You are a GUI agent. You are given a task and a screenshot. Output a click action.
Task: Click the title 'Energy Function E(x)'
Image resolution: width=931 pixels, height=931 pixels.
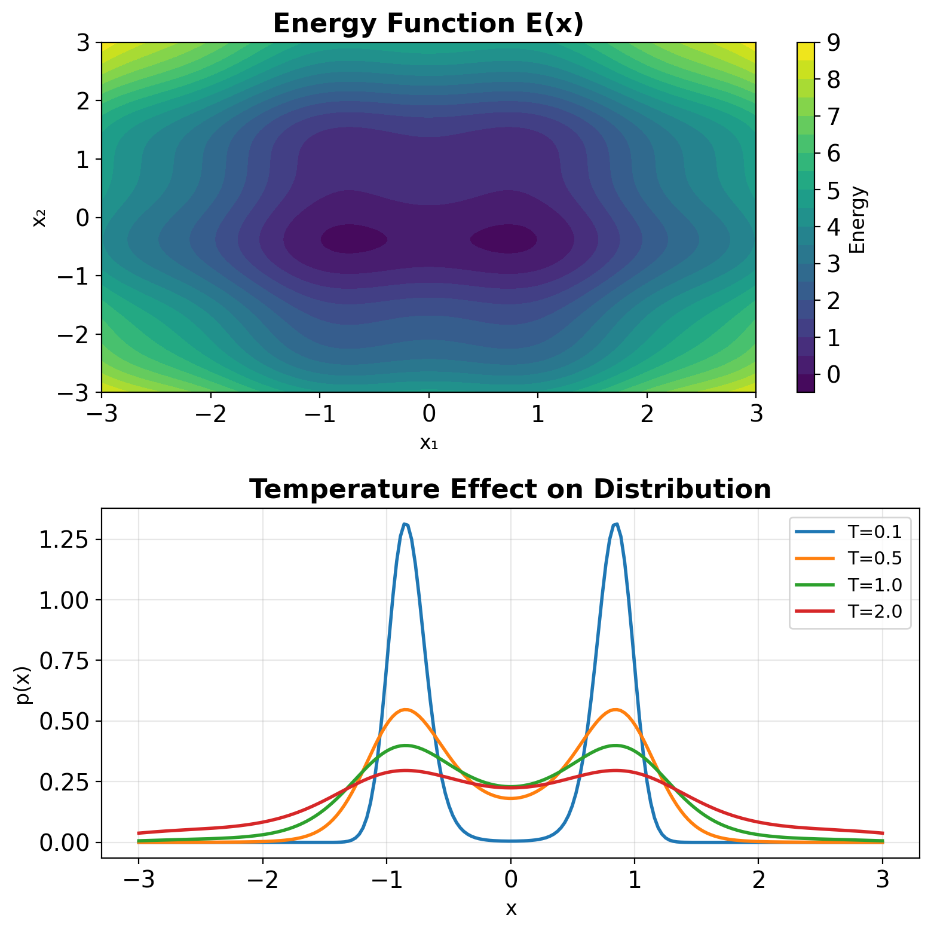[428, 24]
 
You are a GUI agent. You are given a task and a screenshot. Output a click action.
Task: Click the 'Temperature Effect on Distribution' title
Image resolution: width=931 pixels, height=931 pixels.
[510, 489]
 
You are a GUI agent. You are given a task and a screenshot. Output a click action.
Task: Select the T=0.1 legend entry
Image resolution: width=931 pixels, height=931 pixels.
[874, 531]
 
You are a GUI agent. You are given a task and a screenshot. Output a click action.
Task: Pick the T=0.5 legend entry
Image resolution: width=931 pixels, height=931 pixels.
[874, 558]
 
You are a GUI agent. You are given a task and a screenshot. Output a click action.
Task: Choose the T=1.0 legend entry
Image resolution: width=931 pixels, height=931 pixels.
[874, 585]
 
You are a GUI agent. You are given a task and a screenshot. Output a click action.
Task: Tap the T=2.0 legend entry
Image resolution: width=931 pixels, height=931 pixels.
[874, 611]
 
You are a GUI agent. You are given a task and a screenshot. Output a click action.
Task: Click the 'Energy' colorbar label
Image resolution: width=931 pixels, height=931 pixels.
[858, 219]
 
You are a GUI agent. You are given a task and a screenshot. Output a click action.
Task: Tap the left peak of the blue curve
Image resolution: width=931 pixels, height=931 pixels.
[405, 524]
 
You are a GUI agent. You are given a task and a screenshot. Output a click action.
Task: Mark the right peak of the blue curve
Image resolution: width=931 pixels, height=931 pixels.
[615, 524]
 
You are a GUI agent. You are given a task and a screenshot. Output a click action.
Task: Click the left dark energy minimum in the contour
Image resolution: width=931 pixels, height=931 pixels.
[353, 239]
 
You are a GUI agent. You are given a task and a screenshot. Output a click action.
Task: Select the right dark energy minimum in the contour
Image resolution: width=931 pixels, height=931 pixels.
[504, 239]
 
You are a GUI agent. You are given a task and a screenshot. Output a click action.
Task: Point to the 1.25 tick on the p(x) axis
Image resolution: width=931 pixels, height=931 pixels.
[62, 539]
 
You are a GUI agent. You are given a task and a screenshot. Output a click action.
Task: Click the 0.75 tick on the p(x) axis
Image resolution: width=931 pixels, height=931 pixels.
[62, 661]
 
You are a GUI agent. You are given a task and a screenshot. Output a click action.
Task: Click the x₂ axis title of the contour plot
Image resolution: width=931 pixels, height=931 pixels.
[39, 218]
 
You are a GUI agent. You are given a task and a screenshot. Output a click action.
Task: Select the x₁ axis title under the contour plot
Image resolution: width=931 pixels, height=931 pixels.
[428, 443]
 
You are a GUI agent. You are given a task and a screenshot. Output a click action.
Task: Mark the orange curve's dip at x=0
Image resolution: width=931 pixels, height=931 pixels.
[510, 798]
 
